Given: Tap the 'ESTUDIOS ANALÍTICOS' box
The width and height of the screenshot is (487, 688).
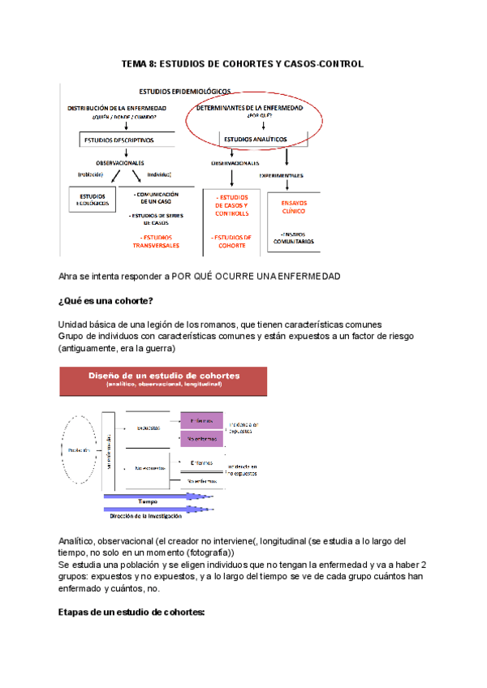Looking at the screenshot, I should [255, 139].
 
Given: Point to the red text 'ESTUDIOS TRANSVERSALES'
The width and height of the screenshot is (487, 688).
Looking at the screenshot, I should [157, 241].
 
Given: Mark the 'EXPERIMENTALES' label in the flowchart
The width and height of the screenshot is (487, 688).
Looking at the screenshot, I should [282, 175].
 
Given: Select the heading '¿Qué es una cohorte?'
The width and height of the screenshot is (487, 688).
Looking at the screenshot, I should [106, 302].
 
